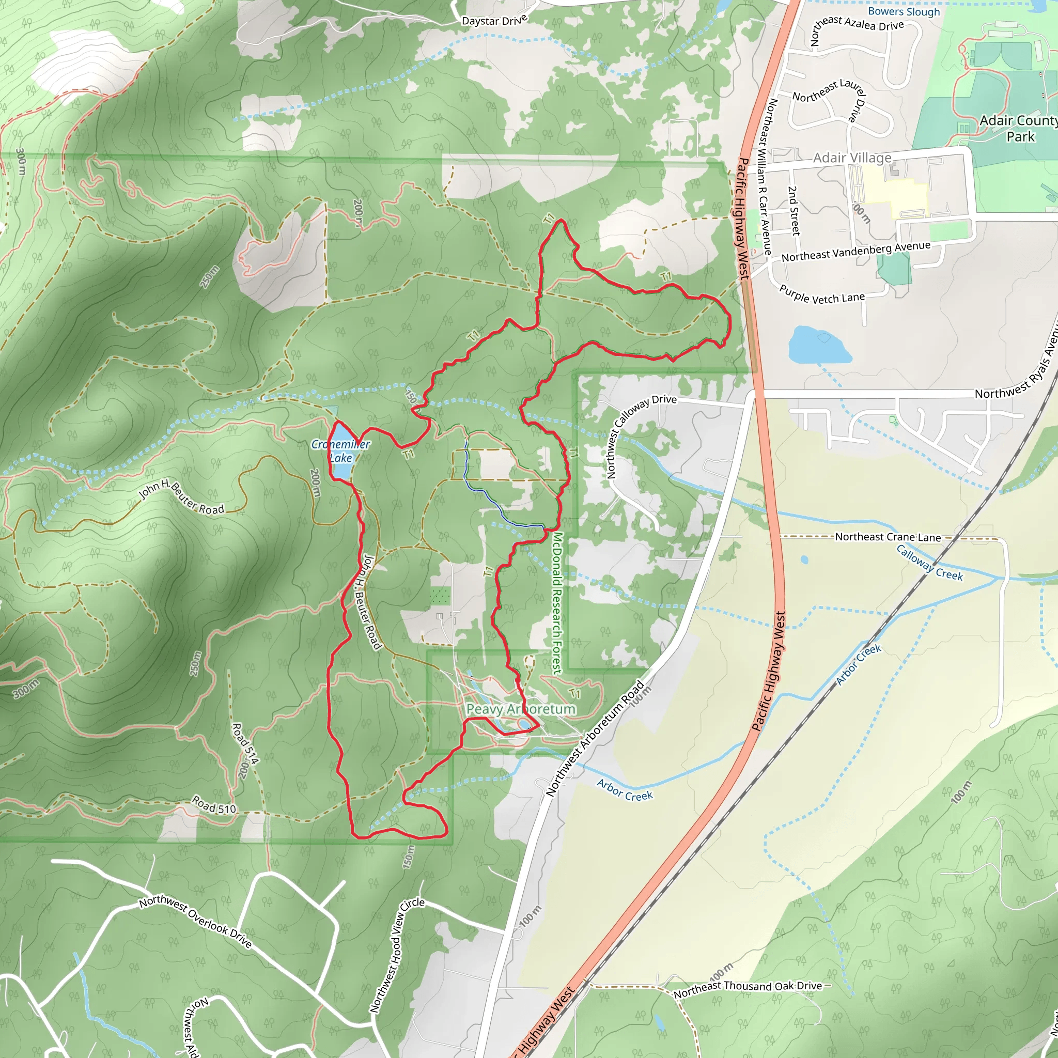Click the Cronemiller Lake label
coord(340,450)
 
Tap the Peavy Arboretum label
coord(520,709)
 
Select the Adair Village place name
coord(852,158)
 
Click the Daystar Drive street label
coord(494,20)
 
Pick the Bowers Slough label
coord(904,11)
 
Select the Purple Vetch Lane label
coord(822,295)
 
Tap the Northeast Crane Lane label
coord(888,537)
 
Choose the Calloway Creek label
coord(929,563)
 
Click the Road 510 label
coord(213,804)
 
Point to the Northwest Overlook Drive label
coord(195,922)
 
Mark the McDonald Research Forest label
coord(557,602)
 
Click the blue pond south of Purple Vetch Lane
coord(819,345)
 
